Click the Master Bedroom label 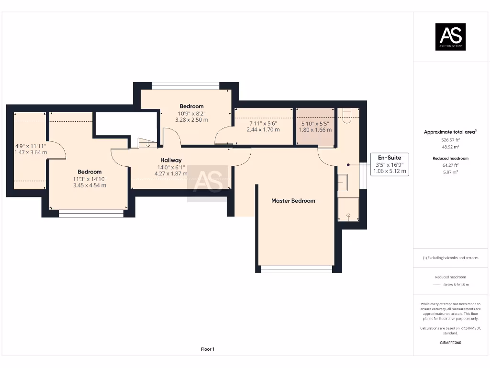point(293,201)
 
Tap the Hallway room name point(171,160)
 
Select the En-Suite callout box point(390,164)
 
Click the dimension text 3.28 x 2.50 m point(191,120)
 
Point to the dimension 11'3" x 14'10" point(89,179)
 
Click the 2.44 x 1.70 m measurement point(263,129)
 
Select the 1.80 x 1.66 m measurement point(315,129)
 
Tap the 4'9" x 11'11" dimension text point(31,146)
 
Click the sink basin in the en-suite point(343,182)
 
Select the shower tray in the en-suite point(348,209)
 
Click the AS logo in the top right point(450,37)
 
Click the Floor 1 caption point(207,349)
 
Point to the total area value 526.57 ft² point(450,139)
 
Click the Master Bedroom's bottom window point(296,269)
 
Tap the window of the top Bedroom point(185,86)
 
